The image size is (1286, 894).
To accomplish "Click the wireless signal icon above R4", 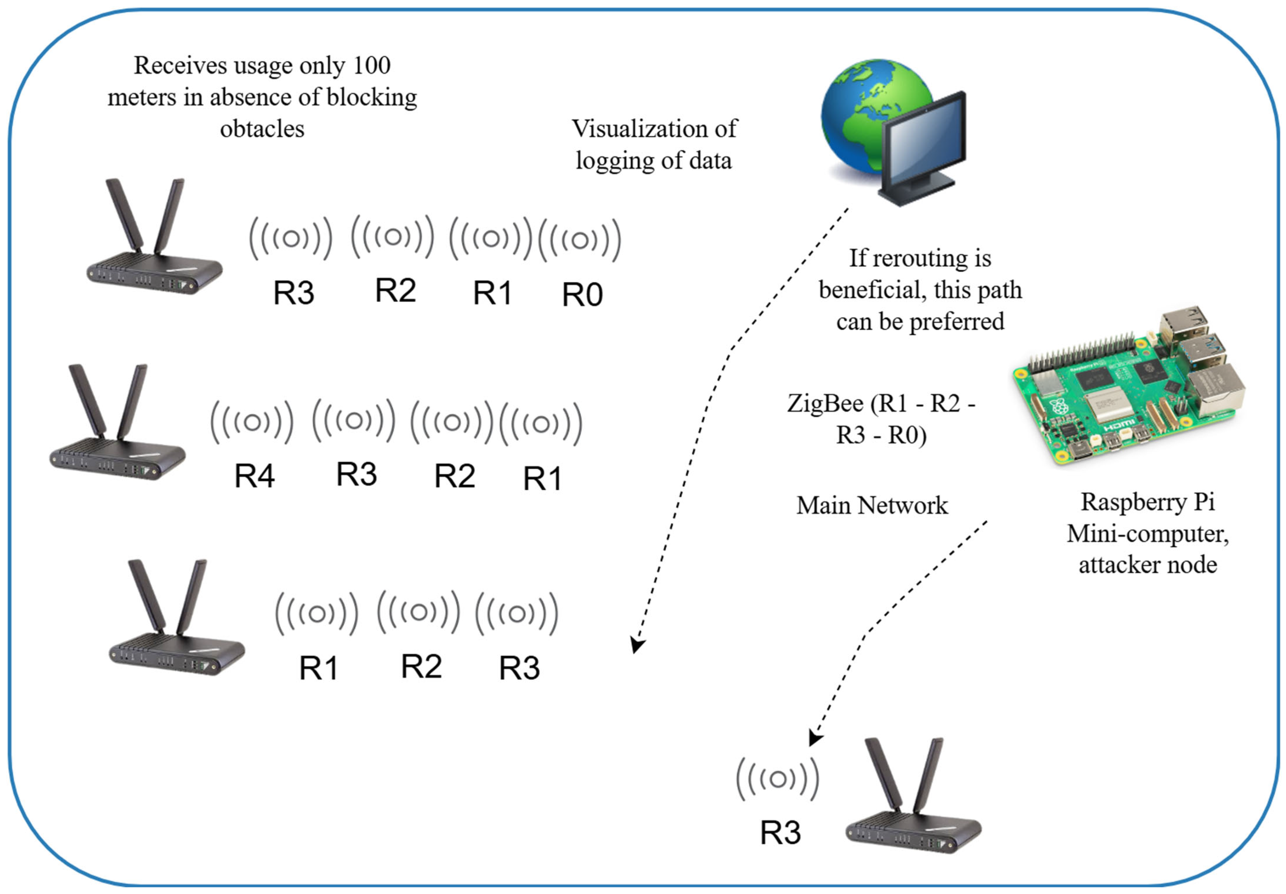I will coord(252,422).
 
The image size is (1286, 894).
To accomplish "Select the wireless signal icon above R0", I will coord(580,241).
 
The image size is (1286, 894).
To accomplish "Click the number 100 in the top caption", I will coord(371,65).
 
